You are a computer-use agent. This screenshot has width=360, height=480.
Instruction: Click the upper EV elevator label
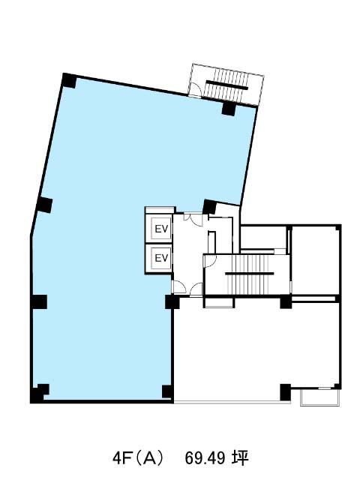(162, 229)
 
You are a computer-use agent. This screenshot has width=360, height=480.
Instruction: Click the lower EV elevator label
(162, 258)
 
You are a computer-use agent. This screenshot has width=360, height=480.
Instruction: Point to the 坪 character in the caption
(240, 458)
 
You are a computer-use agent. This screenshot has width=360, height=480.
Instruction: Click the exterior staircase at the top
(226, 85)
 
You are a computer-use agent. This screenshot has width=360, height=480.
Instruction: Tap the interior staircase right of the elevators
(247, 274)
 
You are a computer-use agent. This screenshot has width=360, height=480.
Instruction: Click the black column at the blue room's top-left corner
(69, 81)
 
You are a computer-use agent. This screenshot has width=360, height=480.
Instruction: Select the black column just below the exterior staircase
(228, 109)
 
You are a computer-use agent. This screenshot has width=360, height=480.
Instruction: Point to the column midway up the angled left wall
(44, 205)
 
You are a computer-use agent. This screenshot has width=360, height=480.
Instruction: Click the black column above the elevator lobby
(210, 207)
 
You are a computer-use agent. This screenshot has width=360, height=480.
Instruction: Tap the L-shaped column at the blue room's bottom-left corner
(39, 393)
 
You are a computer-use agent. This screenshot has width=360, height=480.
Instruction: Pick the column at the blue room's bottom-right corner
(167, 391)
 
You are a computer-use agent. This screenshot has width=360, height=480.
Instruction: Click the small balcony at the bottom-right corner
(320, 397)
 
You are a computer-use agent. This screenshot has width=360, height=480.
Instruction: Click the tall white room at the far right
(315, 260)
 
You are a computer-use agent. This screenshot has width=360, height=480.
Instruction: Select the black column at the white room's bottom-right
(285, 392)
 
